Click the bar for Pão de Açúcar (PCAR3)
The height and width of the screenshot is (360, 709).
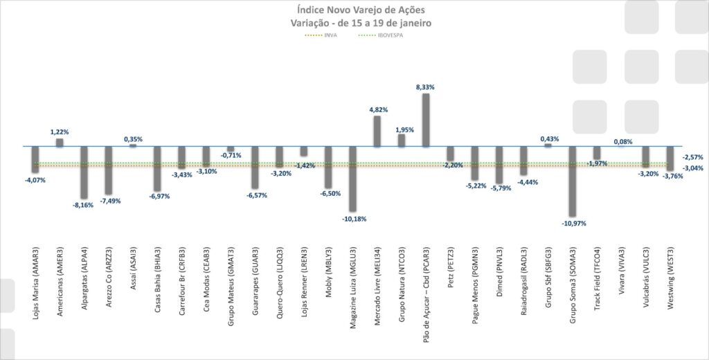click(426, 120)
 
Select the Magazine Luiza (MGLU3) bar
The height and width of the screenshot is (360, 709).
click(352, 179)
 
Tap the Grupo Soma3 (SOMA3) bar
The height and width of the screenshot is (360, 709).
click(572, 181)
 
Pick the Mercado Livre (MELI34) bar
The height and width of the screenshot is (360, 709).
click(377, 131)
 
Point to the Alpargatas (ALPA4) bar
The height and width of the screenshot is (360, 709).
click(84, 172)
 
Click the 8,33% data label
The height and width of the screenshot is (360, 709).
click(426, 87)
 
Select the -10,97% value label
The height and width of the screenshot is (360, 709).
click(572, 224)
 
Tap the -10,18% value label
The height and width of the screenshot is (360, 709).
click(354, 219)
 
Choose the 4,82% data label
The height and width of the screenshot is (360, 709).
click(377, 109)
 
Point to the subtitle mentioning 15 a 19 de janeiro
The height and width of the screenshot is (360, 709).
click(354, 22)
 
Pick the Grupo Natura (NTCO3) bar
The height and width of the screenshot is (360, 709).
click(402, 141)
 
